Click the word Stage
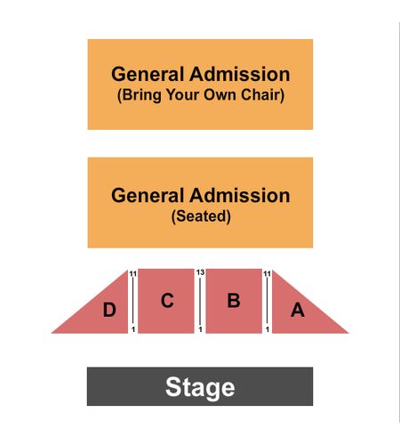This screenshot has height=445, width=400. pyautogui.click(x=200, y=387)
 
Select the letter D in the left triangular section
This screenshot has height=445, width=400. pyautogui.click(x=109, y=310)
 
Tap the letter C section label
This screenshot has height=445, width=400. pyautogui.click(x=167, y=300)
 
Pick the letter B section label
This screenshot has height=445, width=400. pyautogui.click(x=234, y=300)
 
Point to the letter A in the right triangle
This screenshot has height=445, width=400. pyautogui.click(x=298, y=310)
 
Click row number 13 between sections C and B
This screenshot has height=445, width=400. pyautogui.click(x=200, y=272)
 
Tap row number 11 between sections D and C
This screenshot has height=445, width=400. pyautogui.click(x=133, y=273)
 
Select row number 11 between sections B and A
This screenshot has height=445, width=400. pyautogui.click(x=268, y=273)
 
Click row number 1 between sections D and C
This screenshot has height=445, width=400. pyautogui.click(x=133, y=329)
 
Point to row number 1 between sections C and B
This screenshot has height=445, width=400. pyautogui.click(x=201, y=329)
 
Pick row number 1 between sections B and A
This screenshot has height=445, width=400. pyautogui.click(x=268, y=329)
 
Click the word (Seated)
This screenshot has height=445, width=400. pyautogui.click(x=201, y=216)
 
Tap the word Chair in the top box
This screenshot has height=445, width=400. pyautogui.click(x=262, y=95)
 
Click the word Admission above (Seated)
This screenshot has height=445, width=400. pyautogui.click(x=240, y=196)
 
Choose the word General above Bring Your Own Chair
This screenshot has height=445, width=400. pyautogui.click(x=148, y=74)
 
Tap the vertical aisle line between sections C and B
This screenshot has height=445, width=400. pyautogui.click(x=200, y=301)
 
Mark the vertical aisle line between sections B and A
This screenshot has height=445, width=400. pyautogui.click(x=268, y=301)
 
